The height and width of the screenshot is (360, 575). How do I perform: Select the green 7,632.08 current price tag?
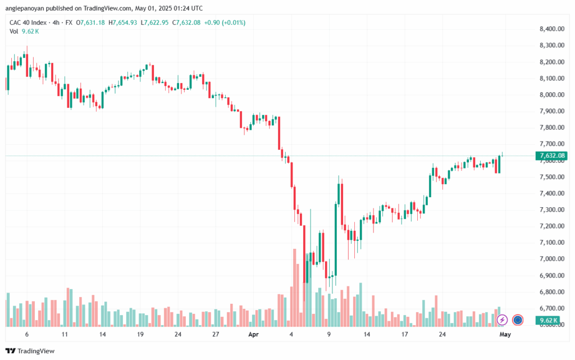click(x=551, y=156)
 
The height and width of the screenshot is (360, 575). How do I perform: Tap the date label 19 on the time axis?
click(x=140, y=334)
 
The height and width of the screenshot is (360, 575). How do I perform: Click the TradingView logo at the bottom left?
click(x=31, y=351)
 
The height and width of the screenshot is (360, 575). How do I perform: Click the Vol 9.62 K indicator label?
click(x=23, y=31)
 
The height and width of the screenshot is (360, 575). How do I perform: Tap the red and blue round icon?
click(x=518, y=320)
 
